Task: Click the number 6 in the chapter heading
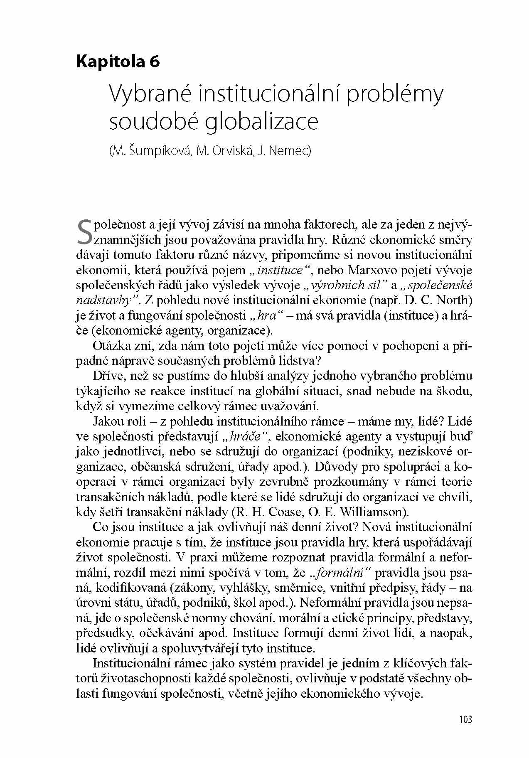click(x=154, y=62)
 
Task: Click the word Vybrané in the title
click(x=150, y=95)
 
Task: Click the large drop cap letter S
click(x=84, y=232)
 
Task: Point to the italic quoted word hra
click(x=267, y=315)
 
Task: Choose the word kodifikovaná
click(x=138, y=588)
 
